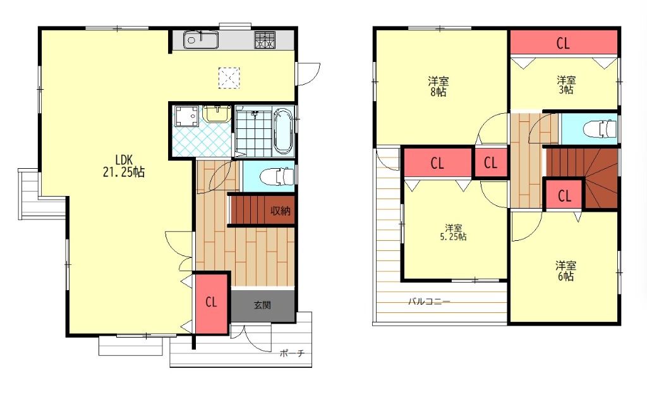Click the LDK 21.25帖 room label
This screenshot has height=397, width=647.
tap(123, 166)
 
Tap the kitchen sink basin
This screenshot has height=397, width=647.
tap(201, 40)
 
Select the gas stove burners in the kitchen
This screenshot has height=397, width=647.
tap(264, 40)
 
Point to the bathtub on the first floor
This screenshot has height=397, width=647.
tap(283, 131)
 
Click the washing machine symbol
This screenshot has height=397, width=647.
tap(186, 116)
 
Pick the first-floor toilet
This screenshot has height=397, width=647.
tap(277, 176)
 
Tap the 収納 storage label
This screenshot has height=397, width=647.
tap(280, 211)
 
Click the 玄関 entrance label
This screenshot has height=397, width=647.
tap(262, 306)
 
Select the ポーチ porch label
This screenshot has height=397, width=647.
tap(292, 353)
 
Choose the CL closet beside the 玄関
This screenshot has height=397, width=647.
tap(211, 303)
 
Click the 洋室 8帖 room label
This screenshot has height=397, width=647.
tap(438, 86)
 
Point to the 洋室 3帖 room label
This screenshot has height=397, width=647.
tap(566, 85)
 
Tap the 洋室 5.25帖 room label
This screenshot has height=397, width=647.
tap(453, 233)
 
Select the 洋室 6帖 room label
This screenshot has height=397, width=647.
tap(565, 271)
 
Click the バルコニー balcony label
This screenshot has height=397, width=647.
tap(429, 302)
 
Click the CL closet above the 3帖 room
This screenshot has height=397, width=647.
tap(564, 42)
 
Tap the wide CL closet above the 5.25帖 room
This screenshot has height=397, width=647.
tap(438, 163)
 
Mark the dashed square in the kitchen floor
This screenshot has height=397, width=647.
tap(229, 78)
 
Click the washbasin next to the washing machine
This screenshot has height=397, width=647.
tap(216, 114)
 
